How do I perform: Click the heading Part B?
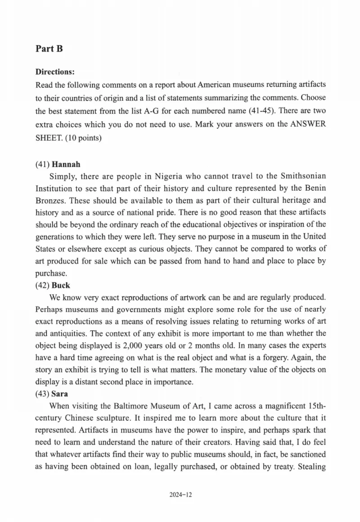tap(49, 49)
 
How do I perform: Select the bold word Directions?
tap(54, 72)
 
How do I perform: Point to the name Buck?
tap(61, 285)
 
